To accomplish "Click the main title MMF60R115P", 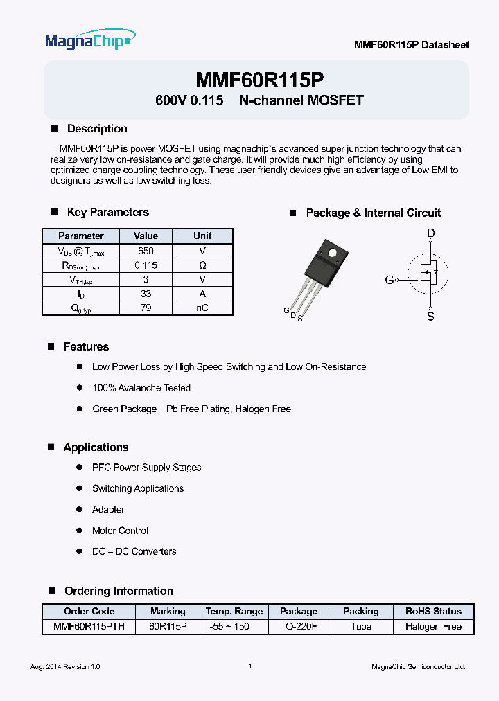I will click(x=259, y=78).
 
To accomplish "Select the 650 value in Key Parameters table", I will click(x=146, y=251).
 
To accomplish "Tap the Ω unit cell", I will click(x=202, y=265).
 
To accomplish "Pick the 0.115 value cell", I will click(x=146, y=265).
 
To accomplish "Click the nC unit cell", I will click(x=202, y=308).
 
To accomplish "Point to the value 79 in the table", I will click(x=146, y=308).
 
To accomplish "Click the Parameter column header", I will click(x=81, y=236).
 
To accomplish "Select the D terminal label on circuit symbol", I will click(x=430, y=234).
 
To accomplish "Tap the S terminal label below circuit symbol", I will click(x=430, y=317).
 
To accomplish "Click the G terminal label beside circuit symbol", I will click(x=389, y=280).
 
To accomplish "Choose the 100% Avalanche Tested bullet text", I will click(x=141, y=388).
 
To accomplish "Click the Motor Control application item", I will click(x=120, y=531).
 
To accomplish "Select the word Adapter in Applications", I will click(x=108, y=510).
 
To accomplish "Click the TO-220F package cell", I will click(x=299, y=626).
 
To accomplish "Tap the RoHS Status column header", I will click(x=433, y=612).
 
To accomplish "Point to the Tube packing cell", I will click(x=361, y=626).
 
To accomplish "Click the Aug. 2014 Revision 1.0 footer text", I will click(x=65, y=666).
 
